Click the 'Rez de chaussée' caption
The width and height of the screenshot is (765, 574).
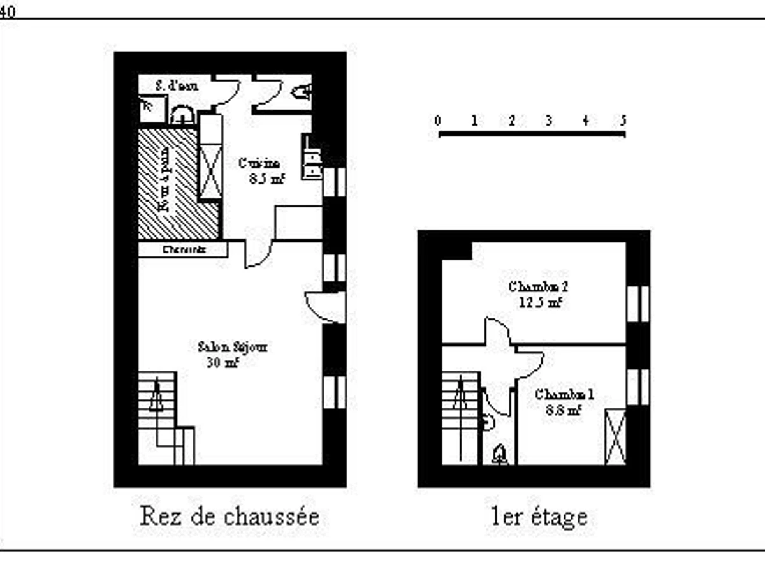coord(229,516)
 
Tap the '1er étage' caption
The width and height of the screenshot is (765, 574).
coord(539,516)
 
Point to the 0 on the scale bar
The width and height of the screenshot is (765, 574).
coord(437,121)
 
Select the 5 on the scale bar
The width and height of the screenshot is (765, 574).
coord(623,121)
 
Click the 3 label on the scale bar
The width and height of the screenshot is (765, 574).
coord(548,121)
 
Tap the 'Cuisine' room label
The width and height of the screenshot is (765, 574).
coord(259,163)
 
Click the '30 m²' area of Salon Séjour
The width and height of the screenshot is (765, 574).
coord(222,363)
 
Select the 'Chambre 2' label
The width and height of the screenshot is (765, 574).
coord(538,286)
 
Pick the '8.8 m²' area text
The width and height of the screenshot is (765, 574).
coord(564,411)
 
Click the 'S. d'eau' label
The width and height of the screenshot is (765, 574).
coord(178,85)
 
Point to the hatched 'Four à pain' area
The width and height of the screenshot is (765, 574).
coord(168,184)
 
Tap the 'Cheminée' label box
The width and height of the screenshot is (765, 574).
coord(183,249)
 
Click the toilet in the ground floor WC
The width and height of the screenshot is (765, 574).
coord(302,93)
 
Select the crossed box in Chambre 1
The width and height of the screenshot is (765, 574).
coord(615,438)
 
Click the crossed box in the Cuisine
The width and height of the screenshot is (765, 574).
coord(210,172)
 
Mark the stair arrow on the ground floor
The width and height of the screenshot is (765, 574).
coord(156,399)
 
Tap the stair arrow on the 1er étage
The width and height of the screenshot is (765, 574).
coord(458,399)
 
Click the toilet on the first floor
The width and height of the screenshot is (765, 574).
coord(500,455)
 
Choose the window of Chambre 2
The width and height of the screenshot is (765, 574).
coord(637,303)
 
